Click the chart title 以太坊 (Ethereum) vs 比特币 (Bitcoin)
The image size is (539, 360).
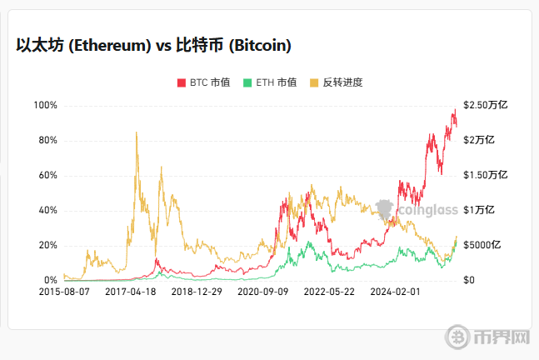click(153, 45)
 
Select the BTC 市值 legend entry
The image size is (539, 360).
click(203, 82)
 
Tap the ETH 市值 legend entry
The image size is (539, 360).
click(269, 82)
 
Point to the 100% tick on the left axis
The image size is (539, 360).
click(45, 105)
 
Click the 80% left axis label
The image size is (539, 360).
click(47, 140)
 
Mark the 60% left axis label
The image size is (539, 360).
click(47, 175)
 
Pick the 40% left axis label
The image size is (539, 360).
click(47, 210)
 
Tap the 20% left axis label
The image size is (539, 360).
click(47, 245)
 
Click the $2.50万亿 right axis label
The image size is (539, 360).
click(486, 105)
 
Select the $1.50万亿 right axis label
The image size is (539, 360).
click(486, 175)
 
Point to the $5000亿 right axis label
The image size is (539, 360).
click(483, 245)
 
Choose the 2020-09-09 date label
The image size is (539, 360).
click(263, 292)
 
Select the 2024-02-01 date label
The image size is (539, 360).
click(395, 292)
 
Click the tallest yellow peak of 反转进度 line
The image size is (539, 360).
click(136, 132)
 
